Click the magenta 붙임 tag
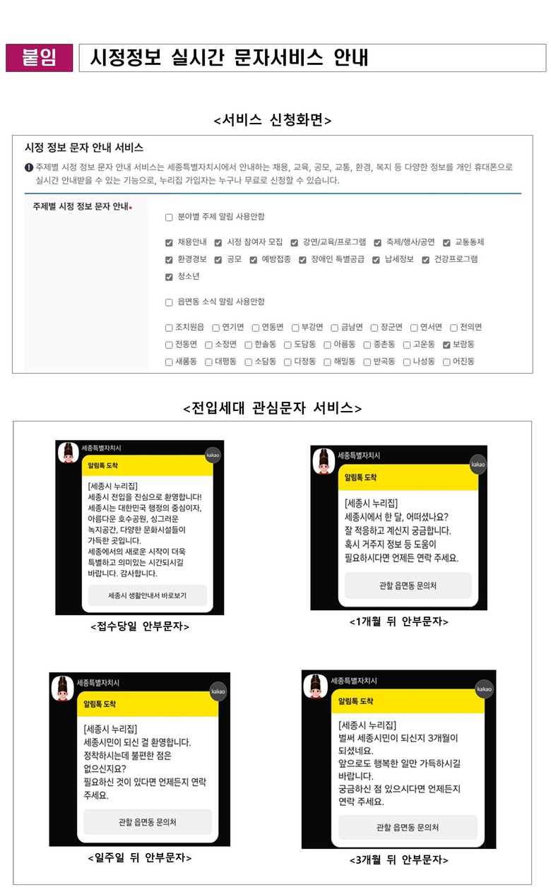pos(39,58)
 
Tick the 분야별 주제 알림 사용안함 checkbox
pos(169,218)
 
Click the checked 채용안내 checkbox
pos(169,243)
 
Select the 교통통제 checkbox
pos(446,243)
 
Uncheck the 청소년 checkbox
pos(169,277)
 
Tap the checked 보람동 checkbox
pos(446,345)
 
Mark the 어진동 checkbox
pos(446,362)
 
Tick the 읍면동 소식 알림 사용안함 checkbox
pos(169,303)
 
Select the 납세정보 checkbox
pos(376,260)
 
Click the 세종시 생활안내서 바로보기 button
pos(147,595)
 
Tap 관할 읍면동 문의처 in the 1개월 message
pos(408,585)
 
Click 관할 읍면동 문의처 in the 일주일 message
pos(148,822)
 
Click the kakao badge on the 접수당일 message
pos(213,455)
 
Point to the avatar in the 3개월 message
pos(316,686)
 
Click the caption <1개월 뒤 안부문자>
pos(399,622)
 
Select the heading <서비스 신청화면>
pos(273,120)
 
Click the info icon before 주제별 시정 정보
pos(29,167)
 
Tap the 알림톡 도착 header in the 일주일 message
pos(148,704)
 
